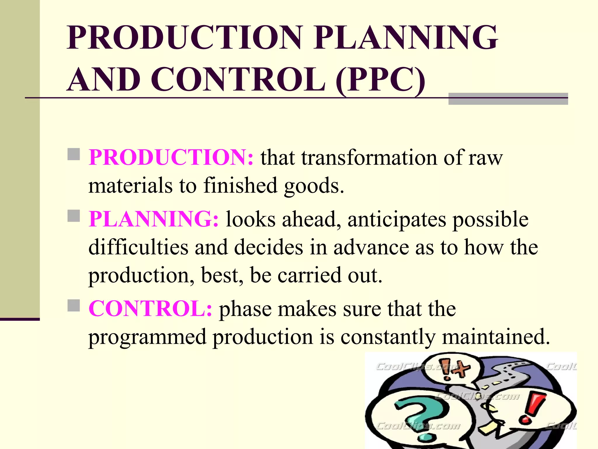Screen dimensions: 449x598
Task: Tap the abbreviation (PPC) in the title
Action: pyautogui.click(x=380, y=80)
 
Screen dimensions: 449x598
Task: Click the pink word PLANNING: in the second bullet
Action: pyautogui.click(x=154, y=219)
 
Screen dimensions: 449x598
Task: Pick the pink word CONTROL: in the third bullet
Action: pyautogui.click(x=150, y=309)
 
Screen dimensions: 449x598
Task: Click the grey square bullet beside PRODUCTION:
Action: pyautogui.click(x=74, y=154)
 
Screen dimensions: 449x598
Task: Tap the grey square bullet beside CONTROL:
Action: pyautogui.click(x=74, y=305)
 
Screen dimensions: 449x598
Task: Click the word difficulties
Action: pyautogui.click(x=138, y=247)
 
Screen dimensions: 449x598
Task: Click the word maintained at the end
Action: pyautogui.click(x=496, y=337)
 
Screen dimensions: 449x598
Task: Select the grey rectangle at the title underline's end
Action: pyautogui.click(x=508, y=99)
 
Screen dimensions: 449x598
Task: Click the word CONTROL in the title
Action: pyautogui.click(x=238, y=80)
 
